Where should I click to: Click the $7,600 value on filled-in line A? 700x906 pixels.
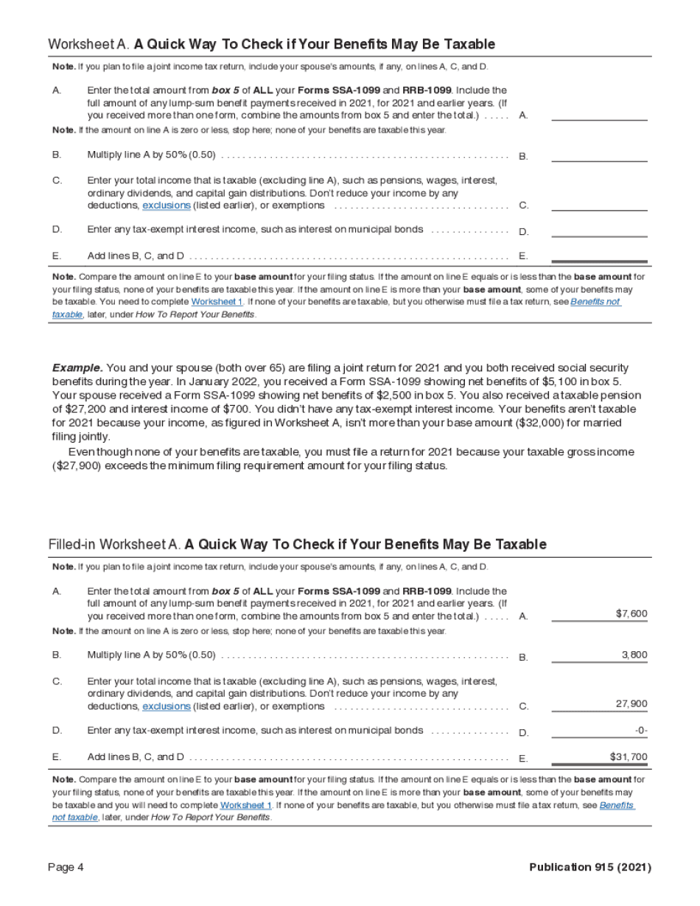[631, 614]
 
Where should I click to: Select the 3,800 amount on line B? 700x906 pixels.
[634, 654]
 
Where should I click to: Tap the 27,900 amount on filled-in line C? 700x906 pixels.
[631, 703]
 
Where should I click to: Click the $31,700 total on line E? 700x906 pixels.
[629, 756]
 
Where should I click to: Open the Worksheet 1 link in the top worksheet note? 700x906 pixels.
[217, 302]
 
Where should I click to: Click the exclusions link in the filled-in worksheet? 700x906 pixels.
[166, 706]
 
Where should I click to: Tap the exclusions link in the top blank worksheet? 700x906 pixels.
[166, 206]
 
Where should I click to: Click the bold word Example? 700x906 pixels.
[77, 368]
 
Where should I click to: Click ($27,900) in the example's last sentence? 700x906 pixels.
[82, 466]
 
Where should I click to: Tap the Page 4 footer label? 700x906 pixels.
[66, 867]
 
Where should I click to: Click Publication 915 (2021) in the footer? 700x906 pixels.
[589, 867]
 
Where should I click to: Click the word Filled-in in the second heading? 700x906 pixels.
[72, 544]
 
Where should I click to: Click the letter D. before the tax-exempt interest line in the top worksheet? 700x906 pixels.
[57, 229]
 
